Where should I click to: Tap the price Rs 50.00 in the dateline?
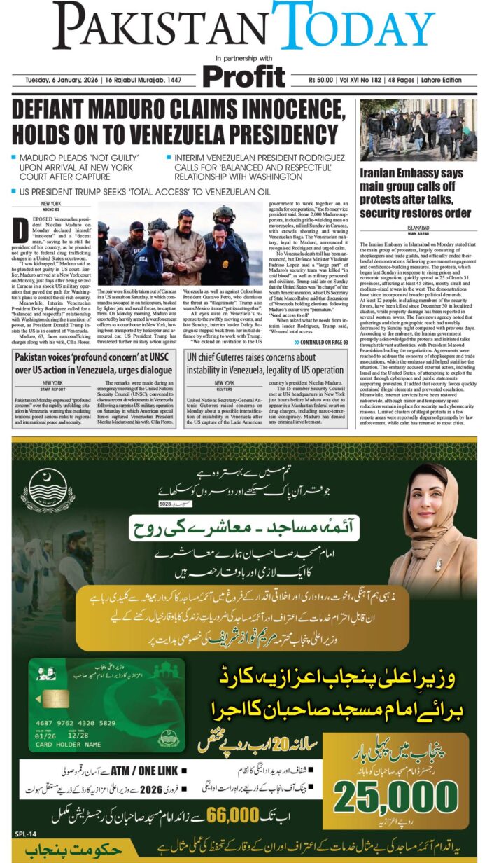[324, 81]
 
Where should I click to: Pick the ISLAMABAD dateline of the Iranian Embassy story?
[418, 227]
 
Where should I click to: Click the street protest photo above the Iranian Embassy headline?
[418, 130]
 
